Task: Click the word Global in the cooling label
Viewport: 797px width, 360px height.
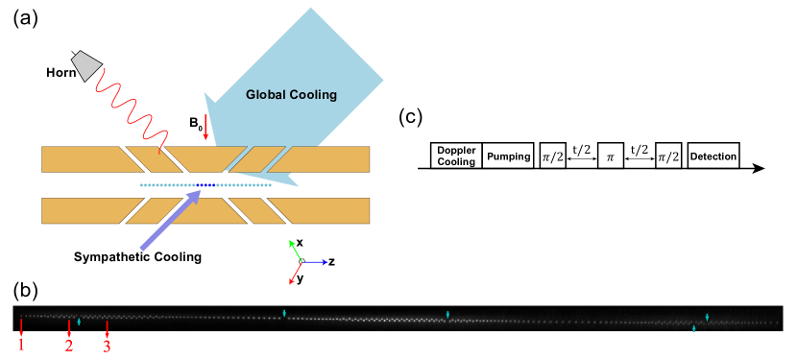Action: point(266,95)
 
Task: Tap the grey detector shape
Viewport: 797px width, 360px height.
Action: point(86,64)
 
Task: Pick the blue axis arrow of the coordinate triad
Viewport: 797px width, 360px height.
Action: point(316,261)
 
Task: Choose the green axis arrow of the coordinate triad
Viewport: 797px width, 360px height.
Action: point(295,249)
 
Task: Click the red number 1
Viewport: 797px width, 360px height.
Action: point(21,346)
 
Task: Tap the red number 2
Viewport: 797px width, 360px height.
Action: point(69,346)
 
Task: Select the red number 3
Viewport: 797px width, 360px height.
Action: point(107,346)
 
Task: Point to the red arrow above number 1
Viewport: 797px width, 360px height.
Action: point(21,326)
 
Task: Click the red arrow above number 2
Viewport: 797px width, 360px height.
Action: point(69,327)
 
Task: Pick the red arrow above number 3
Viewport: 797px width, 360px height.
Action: point(107,327)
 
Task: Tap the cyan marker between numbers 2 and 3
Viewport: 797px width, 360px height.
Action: point(79,322)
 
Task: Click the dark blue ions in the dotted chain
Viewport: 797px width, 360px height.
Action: point(206,185)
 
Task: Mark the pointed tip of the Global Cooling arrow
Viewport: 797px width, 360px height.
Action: point(298,184)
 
